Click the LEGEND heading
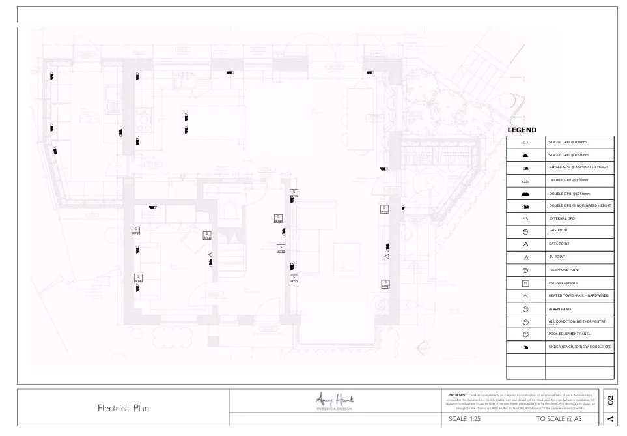pos(522,130)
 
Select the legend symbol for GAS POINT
pos(525,231)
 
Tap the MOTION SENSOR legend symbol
pos(525,283)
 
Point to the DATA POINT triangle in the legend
pos(525,244)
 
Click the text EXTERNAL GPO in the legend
pos(562,219)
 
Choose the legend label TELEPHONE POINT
pos(564,270)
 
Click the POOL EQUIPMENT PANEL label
pos(569,334)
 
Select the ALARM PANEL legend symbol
pos(525,308)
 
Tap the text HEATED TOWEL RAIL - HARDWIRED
pos(578,295)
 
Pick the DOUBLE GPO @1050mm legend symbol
pos(525,194)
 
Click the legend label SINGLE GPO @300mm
pos(568,142)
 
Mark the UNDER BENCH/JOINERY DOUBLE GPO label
pos(580,347)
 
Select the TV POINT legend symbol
pos(525,257)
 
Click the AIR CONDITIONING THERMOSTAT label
pos(577,321)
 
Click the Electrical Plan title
pos(123,409)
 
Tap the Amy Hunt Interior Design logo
pos(335,401)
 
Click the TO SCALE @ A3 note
pos(559,419)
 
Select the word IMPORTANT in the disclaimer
pos(458,395)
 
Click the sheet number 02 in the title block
pos(610,399)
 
